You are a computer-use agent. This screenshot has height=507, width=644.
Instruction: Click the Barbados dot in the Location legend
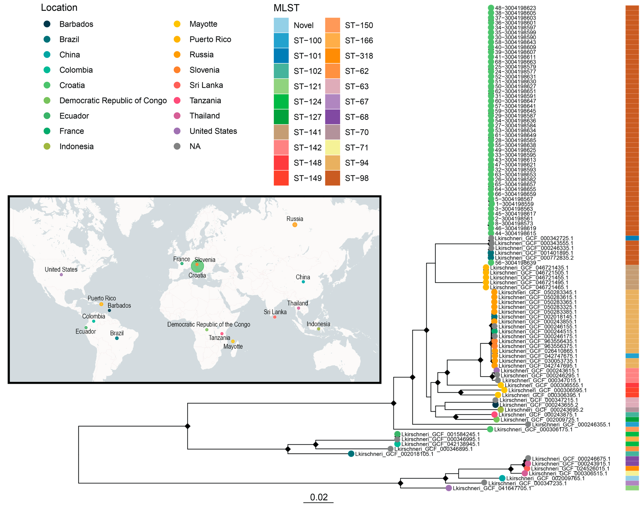click(x=47, y=24)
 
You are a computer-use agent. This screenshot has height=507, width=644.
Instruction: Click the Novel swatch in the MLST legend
click(x=281, y=25)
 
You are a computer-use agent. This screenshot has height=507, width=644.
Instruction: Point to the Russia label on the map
click(x=294, y=219)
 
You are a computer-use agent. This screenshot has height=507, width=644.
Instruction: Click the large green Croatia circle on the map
click(x=197, y=266)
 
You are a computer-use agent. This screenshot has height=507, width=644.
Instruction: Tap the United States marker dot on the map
click(x=61, y=275)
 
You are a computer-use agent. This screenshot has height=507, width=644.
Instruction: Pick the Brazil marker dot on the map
click(x=117, y=338)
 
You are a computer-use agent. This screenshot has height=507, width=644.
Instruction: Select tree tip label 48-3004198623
click(x=515, y=8)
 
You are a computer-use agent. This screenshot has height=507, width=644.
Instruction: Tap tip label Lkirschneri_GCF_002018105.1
click(x=394, y=454)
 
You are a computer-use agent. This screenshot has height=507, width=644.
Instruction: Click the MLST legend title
click(x=286, y=8)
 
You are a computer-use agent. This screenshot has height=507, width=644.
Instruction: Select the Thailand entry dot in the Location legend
click(x=177, y=116)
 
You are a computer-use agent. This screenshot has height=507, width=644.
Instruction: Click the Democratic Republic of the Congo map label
click(x=208, y=324)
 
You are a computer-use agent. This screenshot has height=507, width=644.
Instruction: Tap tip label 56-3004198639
click(x=515, y=263)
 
